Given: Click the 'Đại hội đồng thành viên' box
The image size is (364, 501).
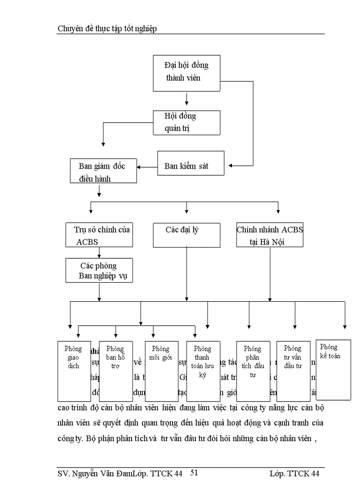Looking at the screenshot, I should pos(186,73).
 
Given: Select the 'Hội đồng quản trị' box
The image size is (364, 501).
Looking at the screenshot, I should pos(186,123).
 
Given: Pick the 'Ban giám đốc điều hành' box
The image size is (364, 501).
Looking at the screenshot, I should pos(103,170).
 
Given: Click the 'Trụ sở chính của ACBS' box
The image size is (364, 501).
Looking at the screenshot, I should pos(99,235).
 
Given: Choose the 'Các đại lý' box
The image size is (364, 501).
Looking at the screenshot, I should pos(186,235).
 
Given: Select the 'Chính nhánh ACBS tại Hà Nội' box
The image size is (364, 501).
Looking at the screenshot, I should pos(270,235).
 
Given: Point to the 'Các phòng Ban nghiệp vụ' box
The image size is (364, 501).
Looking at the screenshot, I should pos(99,270).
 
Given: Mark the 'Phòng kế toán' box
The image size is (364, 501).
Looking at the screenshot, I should pos(333,370).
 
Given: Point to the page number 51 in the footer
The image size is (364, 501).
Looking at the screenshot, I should pos(194,473).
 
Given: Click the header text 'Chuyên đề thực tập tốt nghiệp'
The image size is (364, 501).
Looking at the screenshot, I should pos(107,29).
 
